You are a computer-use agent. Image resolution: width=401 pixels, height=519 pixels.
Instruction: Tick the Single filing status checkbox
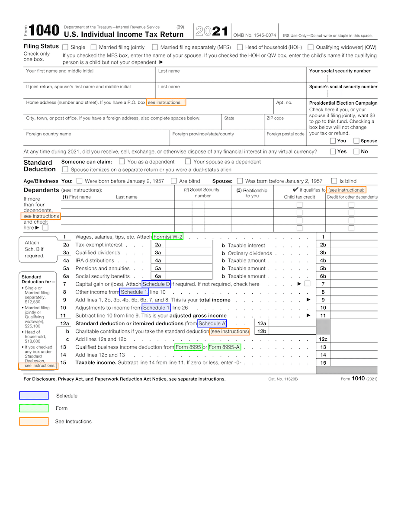pyautogui.click(x=65, y=47)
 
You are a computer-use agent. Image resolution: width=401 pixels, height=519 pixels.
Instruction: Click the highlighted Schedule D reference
pyautogui.click(x=156, y=284)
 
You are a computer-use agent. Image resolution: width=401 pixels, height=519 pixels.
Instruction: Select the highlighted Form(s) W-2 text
pyautogui.click(x=168, y=237)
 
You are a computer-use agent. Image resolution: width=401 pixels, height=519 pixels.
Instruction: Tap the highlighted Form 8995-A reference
pyautogui.click(x=224, y=347)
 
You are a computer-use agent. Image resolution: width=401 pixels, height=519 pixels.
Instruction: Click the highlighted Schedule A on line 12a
pyautogui.click(x=212, y=324)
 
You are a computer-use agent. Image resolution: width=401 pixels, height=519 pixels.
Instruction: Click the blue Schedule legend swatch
pyautogui.click(x=34, y=395)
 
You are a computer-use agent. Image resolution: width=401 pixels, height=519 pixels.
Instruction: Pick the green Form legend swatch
pyautogui.click(x=34, y=408)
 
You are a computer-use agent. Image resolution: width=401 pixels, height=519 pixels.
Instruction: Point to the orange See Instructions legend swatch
pyautogui.click(x=34, y=421)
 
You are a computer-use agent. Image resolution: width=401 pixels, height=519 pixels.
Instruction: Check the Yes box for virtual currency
pyautogui.click(x=333, y=151)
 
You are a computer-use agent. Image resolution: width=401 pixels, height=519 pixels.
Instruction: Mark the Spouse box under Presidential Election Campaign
pyautogui.click(x=356, y=141)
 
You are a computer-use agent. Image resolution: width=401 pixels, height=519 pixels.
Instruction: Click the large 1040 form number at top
pyautogui.click(x=45, y=31)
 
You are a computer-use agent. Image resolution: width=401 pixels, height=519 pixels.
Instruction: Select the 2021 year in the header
pyautogui.click(x=212, y=31)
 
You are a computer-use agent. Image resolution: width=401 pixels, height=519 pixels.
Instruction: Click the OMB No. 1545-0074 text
pyautogui.click(x=254, y=35)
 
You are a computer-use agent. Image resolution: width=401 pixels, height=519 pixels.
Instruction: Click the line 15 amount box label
pyautogui.click(x=323, y=363)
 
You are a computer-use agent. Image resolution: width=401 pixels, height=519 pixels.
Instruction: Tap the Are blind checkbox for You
pyautogui.click(x=174, y=181)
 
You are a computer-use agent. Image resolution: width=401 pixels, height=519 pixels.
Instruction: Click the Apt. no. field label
pyautogui.click(x=284, y=103)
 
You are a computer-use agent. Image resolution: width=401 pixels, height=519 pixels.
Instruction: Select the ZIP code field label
pyautogui.click(x=275, y=118)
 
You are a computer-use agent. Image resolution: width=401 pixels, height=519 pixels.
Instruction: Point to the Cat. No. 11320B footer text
pyautogui.click(x=283, y=379)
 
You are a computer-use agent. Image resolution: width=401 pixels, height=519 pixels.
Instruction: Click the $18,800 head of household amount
pyautogui.click(x=32, y=341)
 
